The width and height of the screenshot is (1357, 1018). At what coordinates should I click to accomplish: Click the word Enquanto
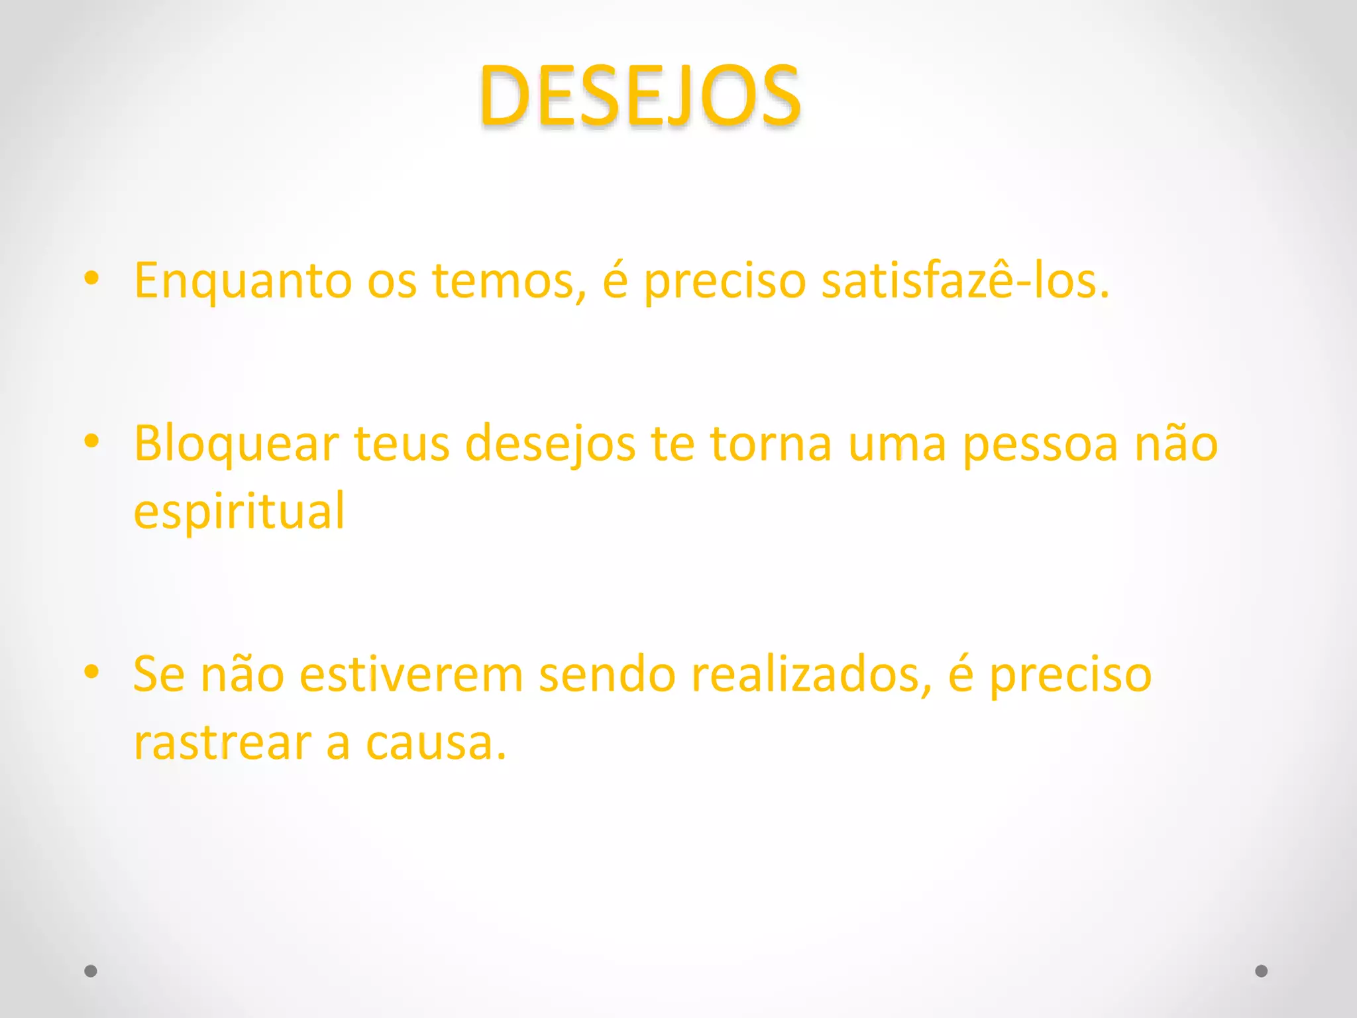[243, 281]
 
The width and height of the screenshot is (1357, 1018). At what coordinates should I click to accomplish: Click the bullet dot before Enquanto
[91, 278]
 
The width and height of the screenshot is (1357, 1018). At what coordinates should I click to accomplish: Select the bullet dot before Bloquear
[91, 441]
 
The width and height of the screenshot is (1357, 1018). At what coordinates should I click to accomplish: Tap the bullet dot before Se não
[91, 672]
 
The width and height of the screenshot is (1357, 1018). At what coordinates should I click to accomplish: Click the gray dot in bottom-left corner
[91, 971]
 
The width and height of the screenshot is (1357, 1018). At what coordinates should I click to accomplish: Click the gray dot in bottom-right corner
[1262, 971]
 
